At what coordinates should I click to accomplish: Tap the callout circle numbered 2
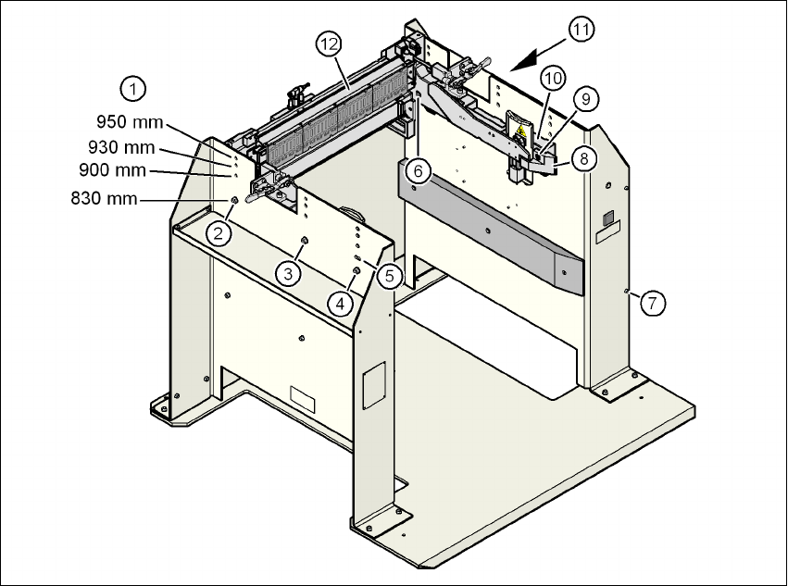[x=219, y=232]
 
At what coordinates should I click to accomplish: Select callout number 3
[x=289, y=273]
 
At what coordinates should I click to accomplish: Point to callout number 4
[x=343, y=303]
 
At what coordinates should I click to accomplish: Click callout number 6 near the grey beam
[x=418, y=171]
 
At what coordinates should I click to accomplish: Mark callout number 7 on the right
[x=654, y=302]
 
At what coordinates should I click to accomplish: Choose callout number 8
[x=583, y=158]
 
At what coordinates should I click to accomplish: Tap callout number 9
[x=582, y=97]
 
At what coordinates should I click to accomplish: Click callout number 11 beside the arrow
[x=581, y=30]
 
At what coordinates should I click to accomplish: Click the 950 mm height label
[x=130, y=121]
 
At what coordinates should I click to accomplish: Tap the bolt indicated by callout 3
[x=303, y=242]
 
